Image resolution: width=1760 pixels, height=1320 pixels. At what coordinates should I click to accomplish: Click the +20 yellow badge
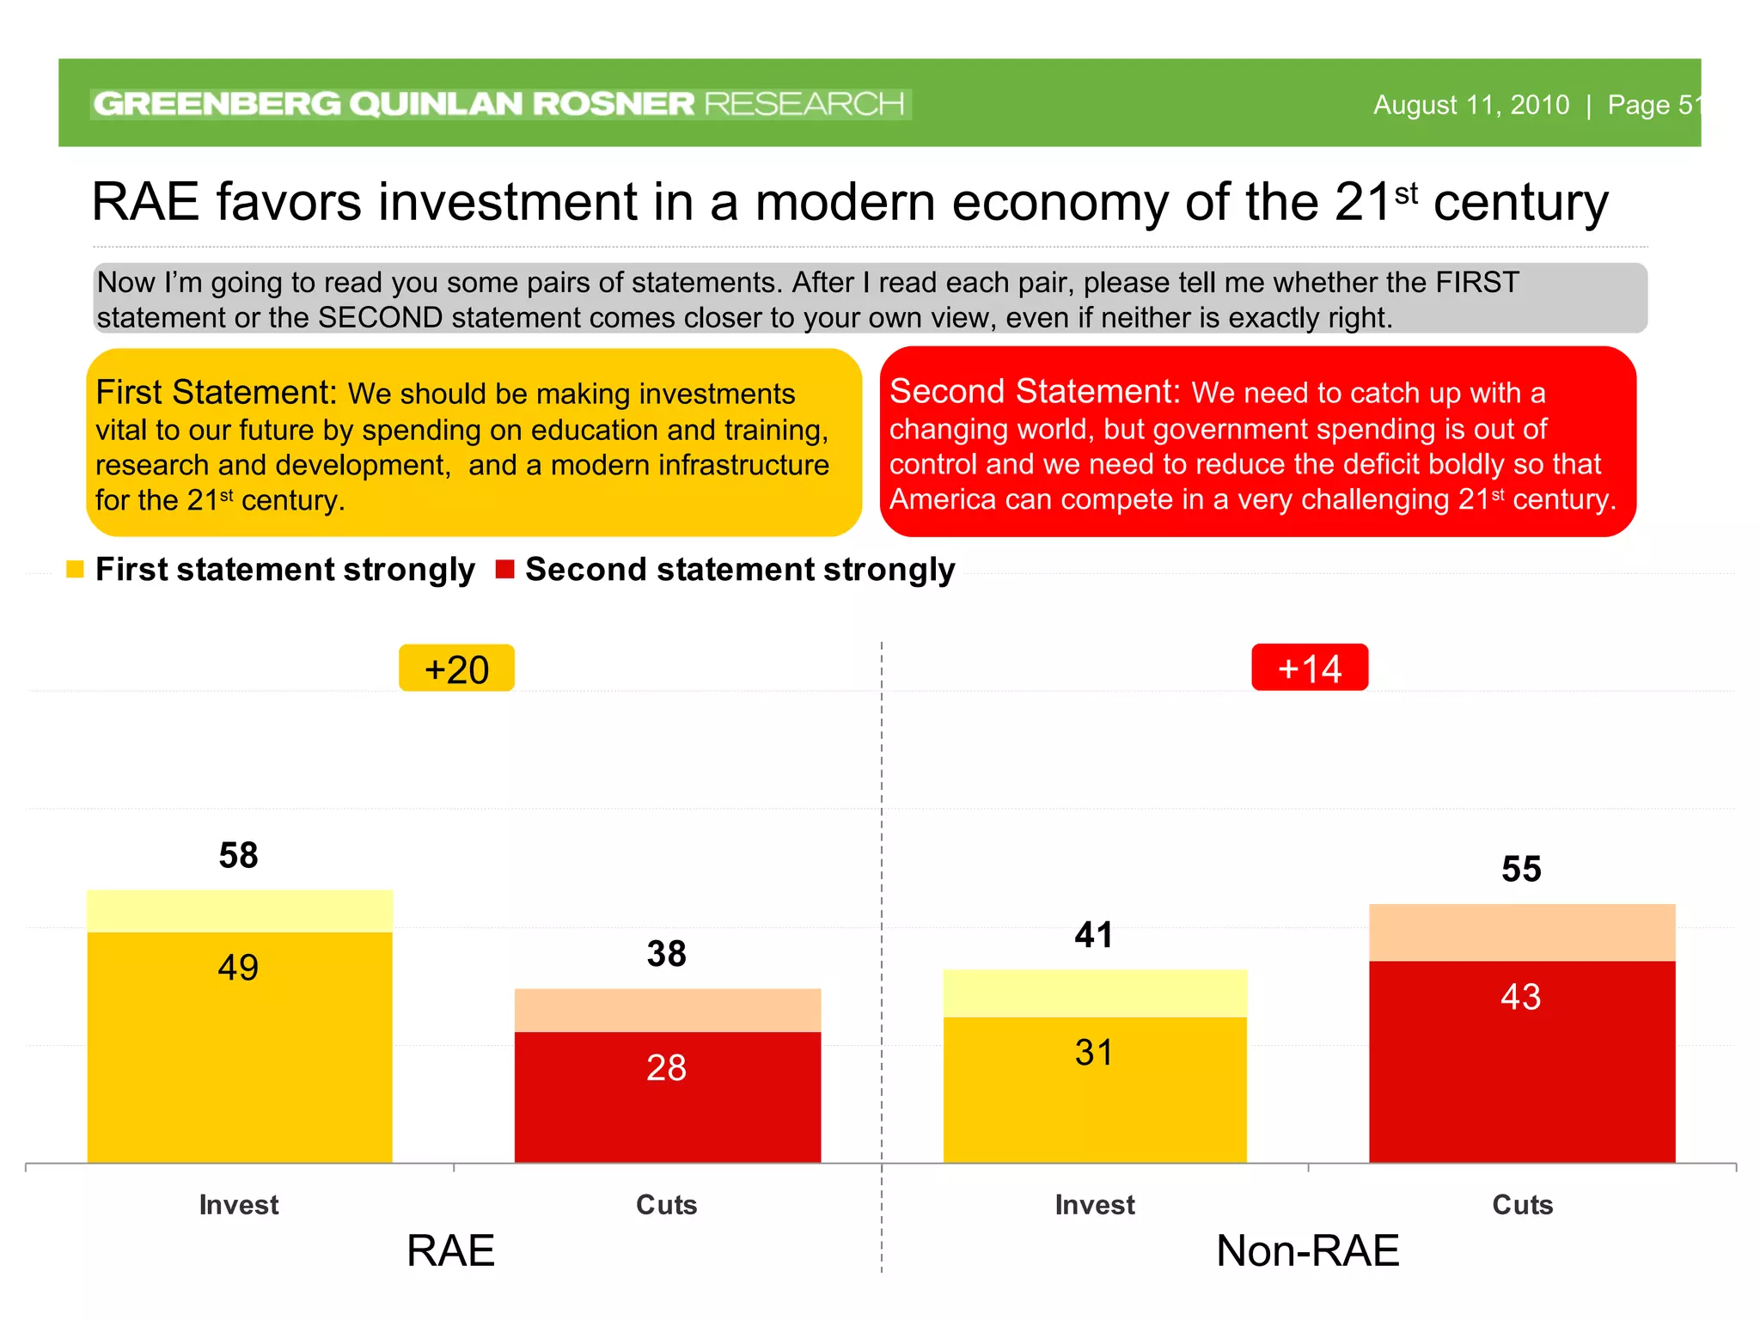pyautogui.click(x=456, y=669)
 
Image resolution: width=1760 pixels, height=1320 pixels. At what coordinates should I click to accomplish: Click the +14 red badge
pyautogui.click(x=1309, y=668)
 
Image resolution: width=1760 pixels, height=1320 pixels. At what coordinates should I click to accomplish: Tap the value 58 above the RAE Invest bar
pyautogui.click(x=238, y=855)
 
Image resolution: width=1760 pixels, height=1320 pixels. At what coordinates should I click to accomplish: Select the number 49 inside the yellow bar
pyautogui.click(x=238, y=968)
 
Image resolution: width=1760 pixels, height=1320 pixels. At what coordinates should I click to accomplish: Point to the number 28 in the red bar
pyautogui.click(x=666, y=1068)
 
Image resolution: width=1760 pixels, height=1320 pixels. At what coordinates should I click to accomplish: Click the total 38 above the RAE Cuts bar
pyautogui.click(x=666, y=954)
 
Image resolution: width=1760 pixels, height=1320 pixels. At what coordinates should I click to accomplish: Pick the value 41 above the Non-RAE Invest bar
pyautogui.click(x=1094, y=935)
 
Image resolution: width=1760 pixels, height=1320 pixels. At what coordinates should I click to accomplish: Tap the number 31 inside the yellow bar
pyautogui.click(x=1094, y=1053)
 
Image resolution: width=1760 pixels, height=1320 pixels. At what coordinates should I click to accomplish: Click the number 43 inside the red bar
pyautogui.click(x=1520, y=997)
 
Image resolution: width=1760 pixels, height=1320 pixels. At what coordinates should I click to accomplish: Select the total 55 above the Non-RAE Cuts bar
pyautogui.click(x=1520, y=870)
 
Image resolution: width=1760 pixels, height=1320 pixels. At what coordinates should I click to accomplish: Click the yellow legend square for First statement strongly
pyautogui.click(x=75, y=569)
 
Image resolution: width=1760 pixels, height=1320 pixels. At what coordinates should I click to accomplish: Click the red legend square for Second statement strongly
pyautogui.click(x=504, y=569)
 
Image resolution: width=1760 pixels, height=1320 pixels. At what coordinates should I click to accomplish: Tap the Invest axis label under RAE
pyautogui.click(x=238, y=1205)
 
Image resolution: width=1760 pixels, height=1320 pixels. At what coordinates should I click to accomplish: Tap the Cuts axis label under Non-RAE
pyautogui.click(x=1522, y=1205)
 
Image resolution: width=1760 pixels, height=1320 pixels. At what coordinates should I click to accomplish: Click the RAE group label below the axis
pyautogui.click(x=450, y=1250)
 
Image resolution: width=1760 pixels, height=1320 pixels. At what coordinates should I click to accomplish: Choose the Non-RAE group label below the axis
pyautogui.click(x=1307, y=1250)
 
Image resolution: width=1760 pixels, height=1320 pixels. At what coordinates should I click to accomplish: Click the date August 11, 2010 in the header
pyautogui.click(x=1470, y=105)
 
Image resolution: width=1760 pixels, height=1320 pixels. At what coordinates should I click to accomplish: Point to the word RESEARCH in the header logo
pyautogui.click(x=804, y=104)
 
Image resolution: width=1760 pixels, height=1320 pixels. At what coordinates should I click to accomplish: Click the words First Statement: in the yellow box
pyautogui.click(x=216, y=393)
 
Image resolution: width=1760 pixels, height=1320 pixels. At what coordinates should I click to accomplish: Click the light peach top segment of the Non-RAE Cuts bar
pyautogui.click(x=1521, y=932)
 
